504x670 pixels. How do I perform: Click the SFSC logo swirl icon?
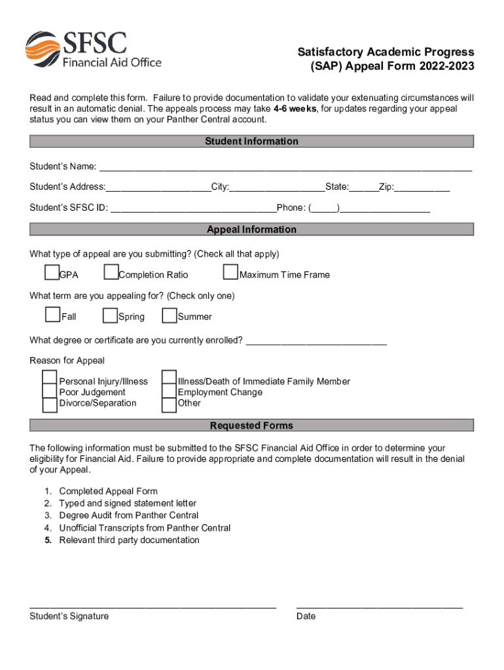pyautogui.click(x=42, y=49)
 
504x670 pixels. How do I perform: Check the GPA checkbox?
pyautogui.click(x=52, y=272)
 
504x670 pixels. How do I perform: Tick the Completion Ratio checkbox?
pyautogui.click(x=111, y=272)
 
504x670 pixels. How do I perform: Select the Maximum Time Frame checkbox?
pyautogui.click(x=230, y=272)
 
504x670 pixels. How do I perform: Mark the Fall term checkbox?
pyautogui.click(x=53, y=315)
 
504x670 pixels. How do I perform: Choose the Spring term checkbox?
pyautogui.click(x=110, y=315)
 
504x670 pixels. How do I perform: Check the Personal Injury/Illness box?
pyautogui.click(x=50, y=378)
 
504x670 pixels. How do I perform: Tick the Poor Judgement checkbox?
pyautogui.click(x=50, y=392)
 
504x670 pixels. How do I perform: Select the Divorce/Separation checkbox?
pyautogui.click(x=50, y=405)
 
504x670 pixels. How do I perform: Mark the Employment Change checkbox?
pyautogui.click(x=169, y=392)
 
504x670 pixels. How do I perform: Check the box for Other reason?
pyautogui.click(x=169, y=405)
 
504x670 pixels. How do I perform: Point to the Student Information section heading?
pyautogui.click(x=251, y=141)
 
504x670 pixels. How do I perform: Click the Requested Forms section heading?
pyautogui.click(x=251, y=426)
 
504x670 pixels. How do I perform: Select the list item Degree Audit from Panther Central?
pyautogui.click(x=128, y=516)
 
